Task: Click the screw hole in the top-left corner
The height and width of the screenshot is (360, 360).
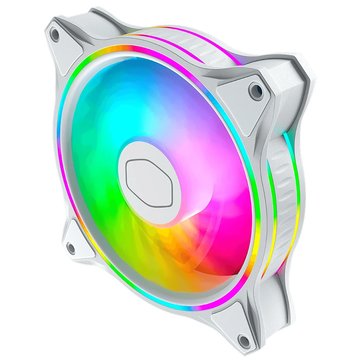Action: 55,35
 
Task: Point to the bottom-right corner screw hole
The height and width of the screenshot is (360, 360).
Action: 243,340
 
